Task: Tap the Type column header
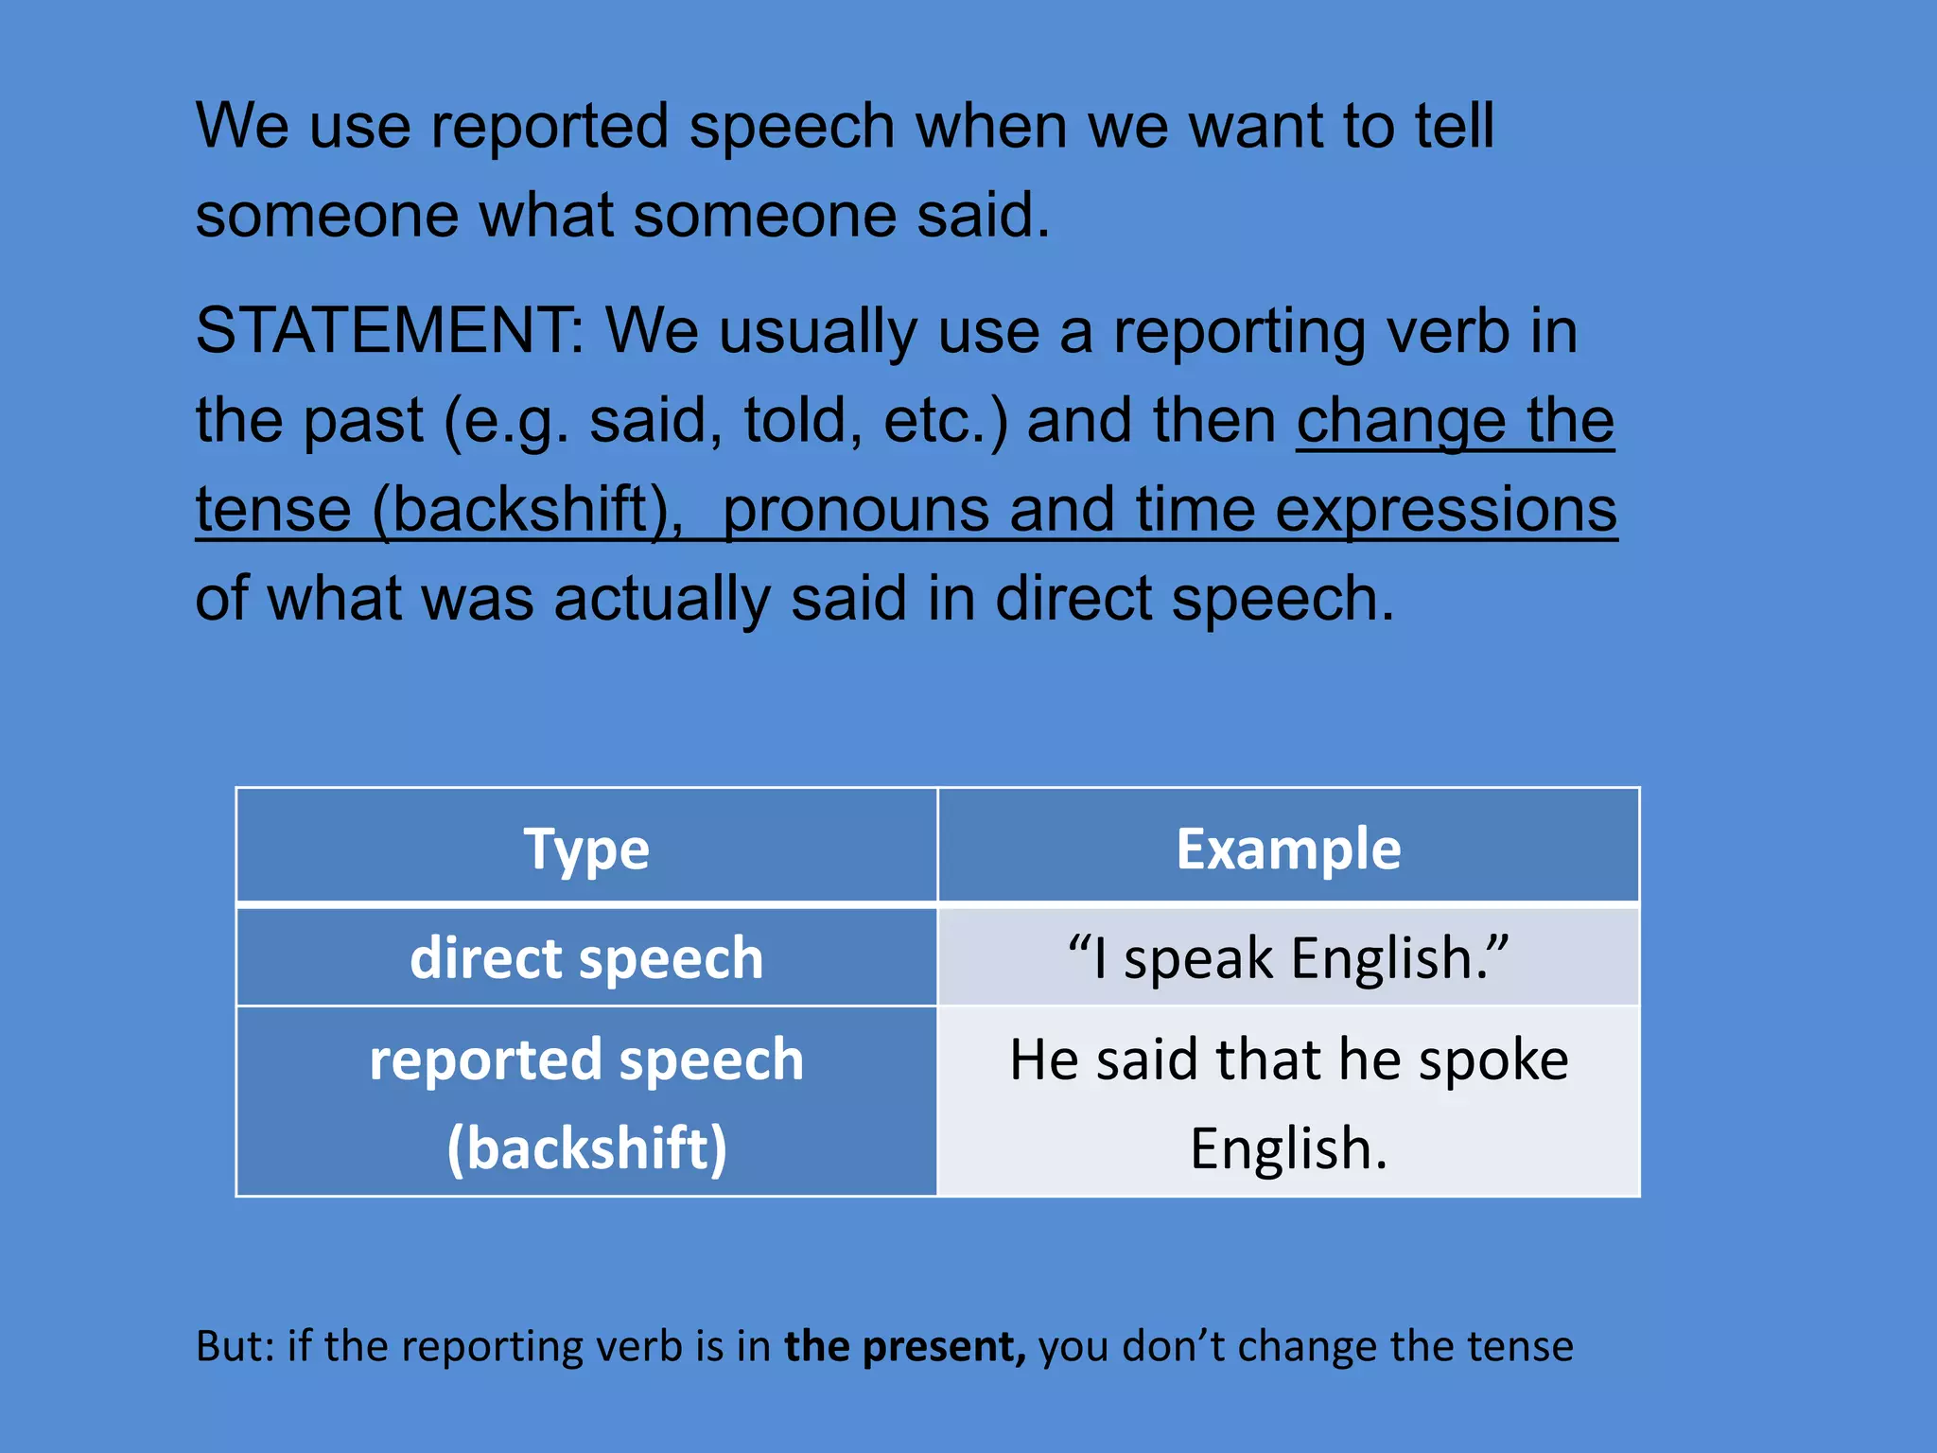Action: [586, 849]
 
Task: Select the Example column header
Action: [1288, 849]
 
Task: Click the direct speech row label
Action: [586, 957]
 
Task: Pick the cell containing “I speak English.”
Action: [1288, 957]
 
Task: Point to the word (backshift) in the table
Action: [586, 1148]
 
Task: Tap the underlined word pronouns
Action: [855, 510]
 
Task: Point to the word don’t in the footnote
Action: [1177, 1346]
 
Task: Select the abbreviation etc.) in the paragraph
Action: [946, 421]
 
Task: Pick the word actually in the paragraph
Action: [662, 600]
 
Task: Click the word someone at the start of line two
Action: [327, 216]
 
